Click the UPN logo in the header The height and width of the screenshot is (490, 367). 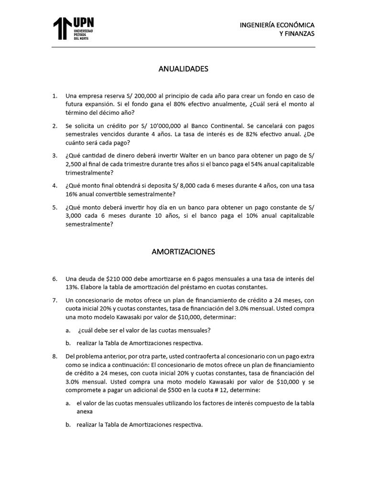(73, 28)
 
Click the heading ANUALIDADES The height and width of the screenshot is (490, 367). (183, 69)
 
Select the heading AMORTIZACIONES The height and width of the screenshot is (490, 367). (183, 251)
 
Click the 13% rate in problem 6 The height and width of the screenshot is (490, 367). (72, 287)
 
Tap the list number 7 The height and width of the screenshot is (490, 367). (55, 300)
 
